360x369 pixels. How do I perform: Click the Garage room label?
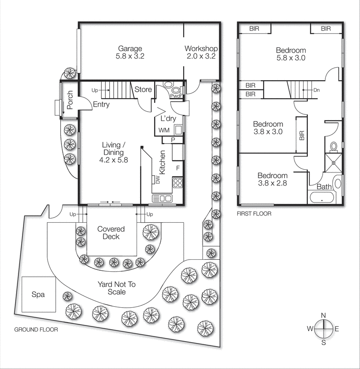[130, 48]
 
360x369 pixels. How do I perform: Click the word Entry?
[101, 105]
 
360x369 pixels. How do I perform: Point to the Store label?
[143, 89]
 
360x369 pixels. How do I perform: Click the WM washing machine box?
[164, 131]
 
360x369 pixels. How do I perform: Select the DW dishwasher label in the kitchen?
[157, 179]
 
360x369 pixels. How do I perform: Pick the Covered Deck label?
[111, 233]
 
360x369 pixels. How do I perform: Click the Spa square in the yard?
[38, 294]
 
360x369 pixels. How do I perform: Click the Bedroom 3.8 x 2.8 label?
[272, 179]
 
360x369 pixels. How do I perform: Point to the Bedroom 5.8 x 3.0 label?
[291, 54]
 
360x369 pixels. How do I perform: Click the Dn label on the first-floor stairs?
[316, 90]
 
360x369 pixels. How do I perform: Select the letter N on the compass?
[324, 315]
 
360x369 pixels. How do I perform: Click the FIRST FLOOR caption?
[254, 214]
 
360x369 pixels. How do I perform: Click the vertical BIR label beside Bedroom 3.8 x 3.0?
[302, 135]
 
